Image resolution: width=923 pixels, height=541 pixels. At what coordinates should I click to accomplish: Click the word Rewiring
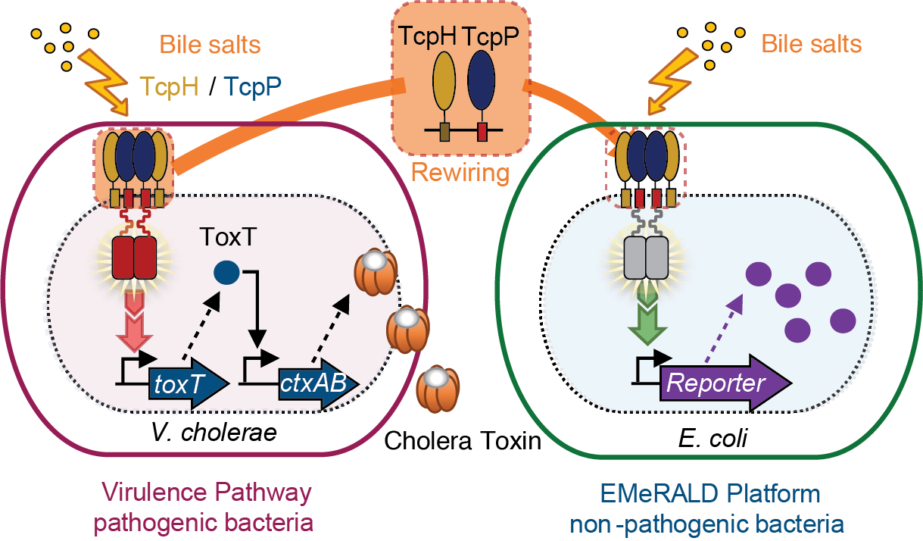(460, 172)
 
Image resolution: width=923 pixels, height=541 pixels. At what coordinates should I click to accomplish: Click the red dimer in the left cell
(133, 258)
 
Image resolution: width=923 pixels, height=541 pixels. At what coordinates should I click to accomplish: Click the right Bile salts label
(811, 44)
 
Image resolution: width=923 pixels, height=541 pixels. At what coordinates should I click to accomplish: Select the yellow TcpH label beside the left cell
(169, 87)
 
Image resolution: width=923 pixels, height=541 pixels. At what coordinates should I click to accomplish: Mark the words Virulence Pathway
(206, 493)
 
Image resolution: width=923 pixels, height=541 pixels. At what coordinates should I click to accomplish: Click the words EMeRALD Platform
(710, 494)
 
